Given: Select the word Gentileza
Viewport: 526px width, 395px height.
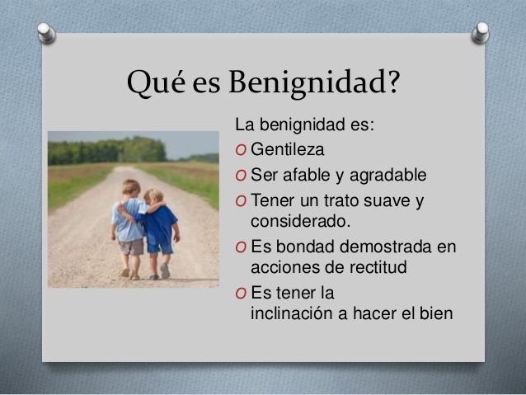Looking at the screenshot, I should pos(287,150).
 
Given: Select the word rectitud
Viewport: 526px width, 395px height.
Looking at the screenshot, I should pos(379,266).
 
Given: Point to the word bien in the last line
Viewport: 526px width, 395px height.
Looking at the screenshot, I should pos(435,313).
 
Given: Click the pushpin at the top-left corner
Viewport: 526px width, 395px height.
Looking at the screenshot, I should pos(47,33).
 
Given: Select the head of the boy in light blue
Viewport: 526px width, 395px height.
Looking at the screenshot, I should pos(132,188).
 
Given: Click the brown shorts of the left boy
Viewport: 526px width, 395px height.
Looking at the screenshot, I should pos(131,245).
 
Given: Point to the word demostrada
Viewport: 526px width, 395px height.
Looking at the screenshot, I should pos(387,246).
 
